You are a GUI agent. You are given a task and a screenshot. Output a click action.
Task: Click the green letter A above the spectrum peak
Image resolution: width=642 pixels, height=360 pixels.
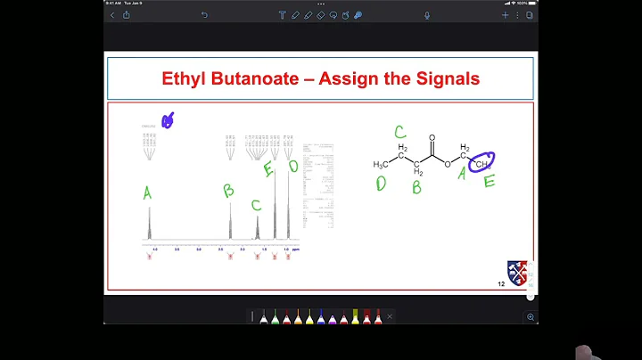pos(147,192)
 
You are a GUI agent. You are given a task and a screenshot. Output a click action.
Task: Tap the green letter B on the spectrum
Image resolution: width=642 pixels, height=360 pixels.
pos(228,190)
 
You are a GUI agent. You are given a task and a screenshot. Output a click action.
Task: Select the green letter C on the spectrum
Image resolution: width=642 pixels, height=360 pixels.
pos(256,206)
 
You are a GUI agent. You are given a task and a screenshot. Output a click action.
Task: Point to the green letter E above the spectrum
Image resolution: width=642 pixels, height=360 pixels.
pos(268,168)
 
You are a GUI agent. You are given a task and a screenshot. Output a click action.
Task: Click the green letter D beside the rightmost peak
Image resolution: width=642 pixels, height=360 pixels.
pos(293,166)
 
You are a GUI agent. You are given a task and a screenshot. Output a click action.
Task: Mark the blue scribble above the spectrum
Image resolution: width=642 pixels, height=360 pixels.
pos(167,121)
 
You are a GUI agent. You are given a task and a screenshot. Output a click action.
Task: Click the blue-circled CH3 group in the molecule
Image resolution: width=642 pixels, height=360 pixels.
pos(481,163)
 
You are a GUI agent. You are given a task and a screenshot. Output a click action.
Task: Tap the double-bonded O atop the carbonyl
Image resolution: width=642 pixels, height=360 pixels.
pos(432,139)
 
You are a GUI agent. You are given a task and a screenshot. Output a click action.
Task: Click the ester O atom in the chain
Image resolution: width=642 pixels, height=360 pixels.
pos(449,163)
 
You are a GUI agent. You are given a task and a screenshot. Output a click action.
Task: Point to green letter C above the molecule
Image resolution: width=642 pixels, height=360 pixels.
pos(400,133)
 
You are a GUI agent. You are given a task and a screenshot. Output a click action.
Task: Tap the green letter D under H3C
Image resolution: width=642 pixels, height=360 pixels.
pos(381,184)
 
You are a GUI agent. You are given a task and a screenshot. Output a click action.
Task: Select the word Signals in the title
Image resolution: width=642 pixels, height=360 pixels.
pos(445,78)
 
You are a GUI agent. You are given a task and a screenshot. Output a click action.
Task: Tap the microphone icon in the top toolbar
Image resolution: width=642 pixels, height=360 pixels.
pos(427,15)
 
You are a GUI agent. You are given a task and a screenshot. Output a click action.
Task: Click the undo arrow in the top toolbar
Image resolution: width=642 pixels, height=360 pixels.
pos(204,15)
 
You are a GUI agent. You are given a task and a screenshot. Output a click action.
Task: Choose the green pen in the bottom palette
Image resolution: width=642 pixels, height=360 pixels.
pos(275,316)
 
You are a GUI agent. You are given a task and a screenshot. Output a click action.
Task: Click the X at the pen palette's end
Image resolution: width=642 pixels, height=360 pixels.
pos(390,316)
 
